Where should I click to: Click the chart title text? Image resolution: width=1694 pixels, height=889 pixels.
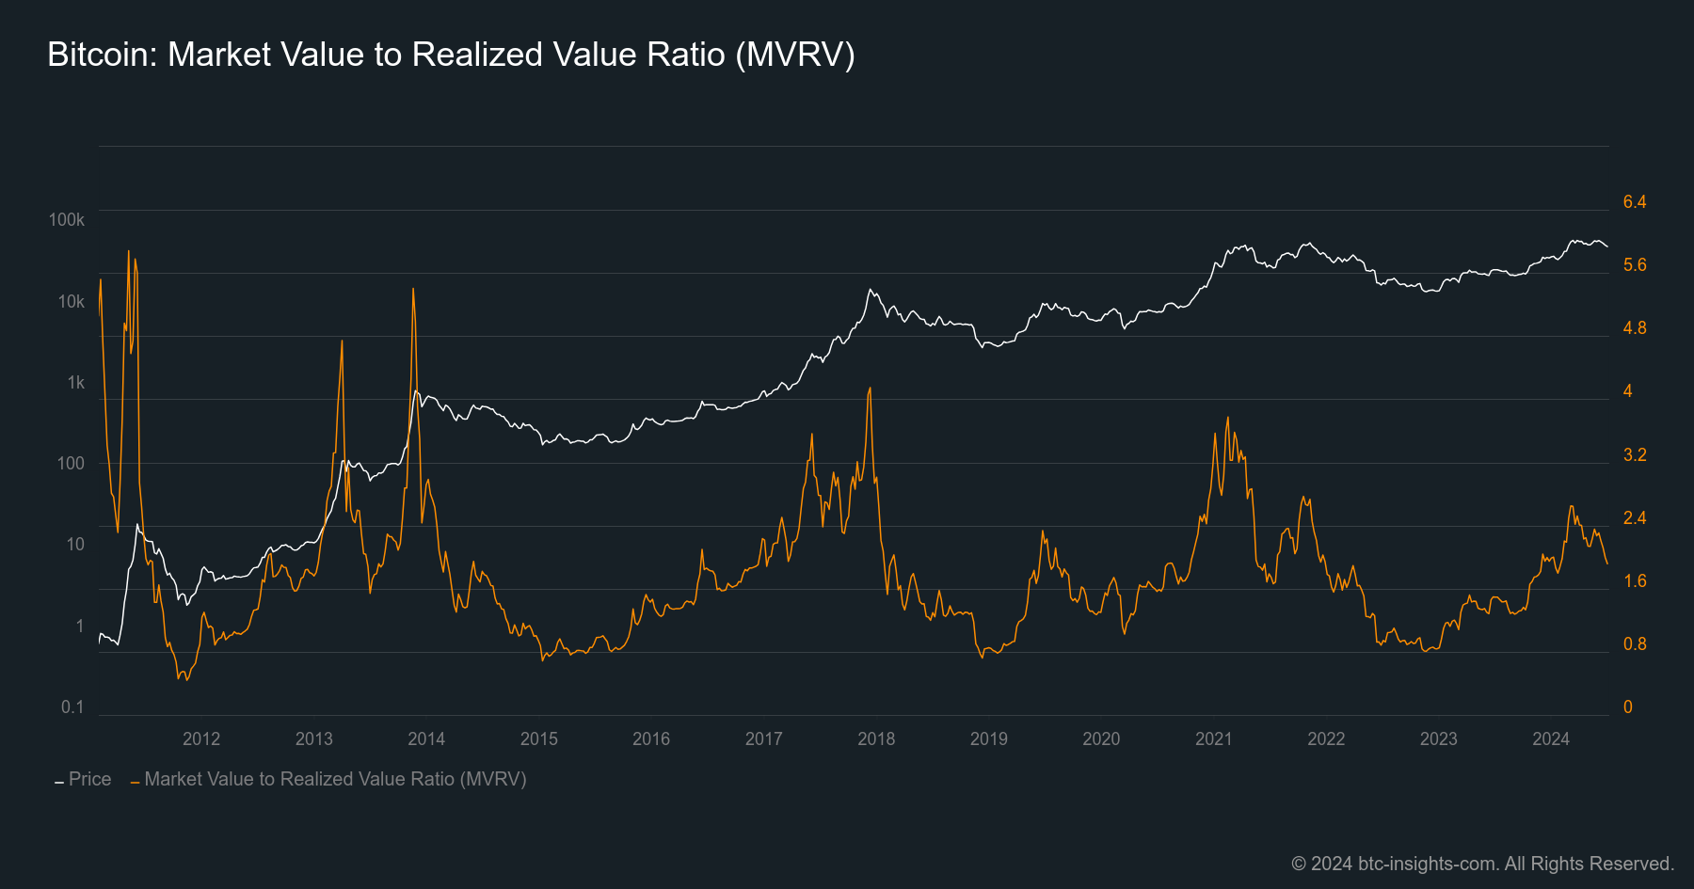click(x=451, y=55)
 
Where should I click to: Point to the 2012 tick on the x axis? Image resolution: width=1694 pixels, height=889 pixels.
click(x=201, y=738)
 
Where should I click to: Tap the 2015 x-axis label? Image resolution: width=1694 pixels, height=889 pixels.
click(x=539, y=738)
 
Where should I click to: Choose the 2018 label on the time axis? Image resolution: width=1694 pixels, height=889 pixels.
click(x=876, y=738)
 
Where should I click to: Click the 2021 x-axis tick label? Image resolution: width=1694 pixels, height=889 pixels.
click(x=1213, y=738)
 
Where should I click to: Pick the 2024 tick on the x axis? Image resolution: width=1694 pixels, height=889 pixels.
click(x=1551, y=738)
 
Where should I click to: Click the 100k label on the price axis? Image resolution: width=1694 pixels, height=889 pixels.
click(x=67, y=220)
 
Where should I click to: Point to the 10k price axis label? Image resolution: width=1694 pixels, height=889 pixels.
click(x=72, y=302)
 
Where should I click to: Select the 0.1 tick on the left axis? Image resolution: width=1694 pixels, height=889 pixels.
click(x=72, y=706)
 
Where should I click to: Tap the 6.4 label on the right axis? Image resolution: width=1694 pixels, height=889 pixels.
click(x=1635, y=202)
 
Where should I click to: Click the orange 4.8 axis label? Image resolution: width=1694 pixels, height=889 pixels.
click(x=1635, y=328)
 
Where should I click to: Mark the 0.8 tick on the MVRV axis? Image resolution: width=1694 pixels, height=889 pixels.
click(x=1635, y=644)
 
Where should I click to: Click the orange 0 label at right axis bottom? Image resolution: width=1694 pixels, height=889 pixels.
click(x=1628, y=707)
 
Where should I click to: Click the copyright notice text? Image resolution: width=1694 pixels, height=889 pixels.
click(x=1482, y=864)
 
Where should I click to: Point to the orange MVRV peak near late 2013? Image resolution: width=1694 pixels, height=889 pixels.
click(x=413, y=289)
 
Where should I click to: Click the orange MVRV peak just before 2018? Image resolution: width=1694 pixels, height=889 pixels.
click(x=870, y=388)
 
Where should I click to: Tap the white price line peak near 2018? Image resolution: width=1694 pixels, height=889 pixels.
click(x=870, y=290)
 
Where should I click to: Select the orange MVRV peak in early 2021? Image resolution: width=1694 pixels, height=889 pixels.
click(x=1228, y=418)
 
